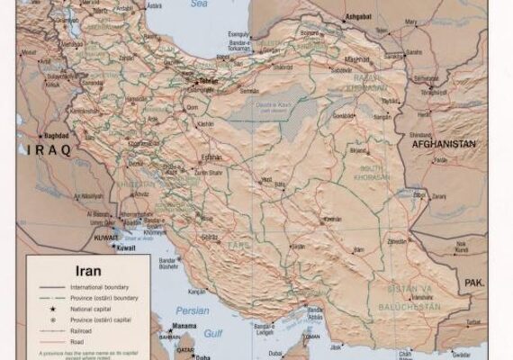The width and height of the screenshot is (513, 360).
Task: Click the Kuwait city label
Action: click(x=126, y=247)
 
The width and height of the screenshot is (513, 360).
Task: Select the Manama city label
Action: click(x=185, y=327)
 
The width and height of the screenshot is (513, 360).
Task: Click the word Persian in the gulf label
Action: click(x=192, y=310)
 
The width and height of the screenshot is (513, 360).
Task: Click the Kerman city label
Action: click(x=332, y=219)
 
